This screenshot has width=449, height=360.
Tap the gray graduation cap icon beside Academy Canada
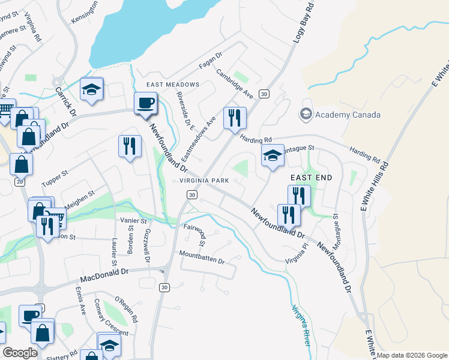[x=306, y=114]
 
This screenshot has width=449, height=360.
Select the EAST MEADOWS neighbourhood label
[x=172, y=85]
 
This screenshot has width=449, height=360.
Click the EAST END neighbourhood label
[x=311, y=178]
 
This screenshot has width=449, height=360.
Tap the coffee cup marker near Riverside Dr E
[x=146, y=104]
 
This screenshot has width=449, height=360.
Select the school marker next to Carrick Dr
[x=91, y=89]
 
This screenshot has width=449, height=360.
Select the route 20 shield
[x=20, y=181]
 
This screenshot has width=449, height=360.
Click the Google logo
[x=20, y=353]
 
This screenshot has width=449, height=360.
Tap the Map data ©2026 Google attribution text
[x=412, y=355]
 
